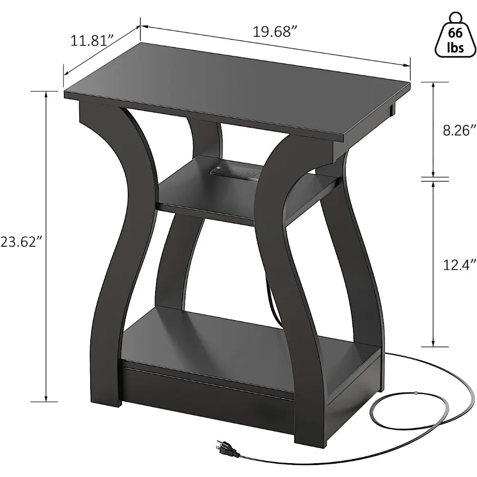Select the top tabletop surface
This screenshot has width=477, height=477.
pos(238,91)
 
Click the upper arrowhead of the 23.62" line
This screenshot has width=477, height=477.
pos(46,93)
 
